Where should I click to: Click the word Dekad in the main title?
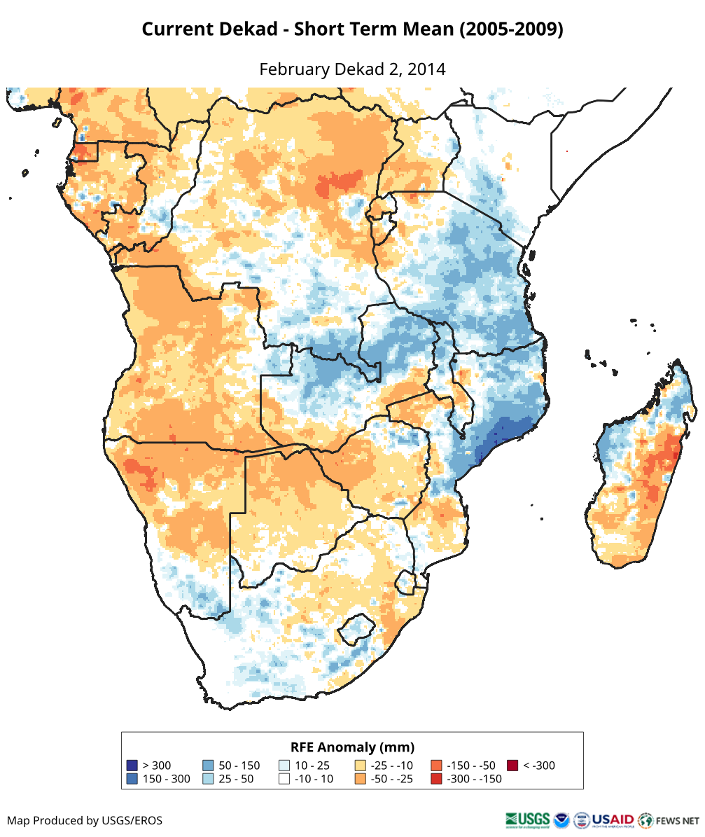tap(257, 29)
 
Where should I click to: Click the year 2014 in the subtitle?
tap(426, 69)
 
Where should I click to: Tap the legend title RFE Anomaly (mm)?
tap(352, 747)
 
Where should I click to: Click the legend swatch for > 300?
tap(132, 766)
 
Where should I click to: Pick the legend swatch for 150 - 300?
tap(132, 779)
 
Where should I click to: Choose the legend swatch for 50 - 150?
tap(208, 766)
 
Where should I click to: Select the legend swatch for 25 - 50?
tap(208, 779)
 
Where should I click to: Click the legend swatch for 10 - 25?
tap(284, 766)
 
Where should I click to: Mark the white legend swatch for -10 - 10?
tap(284, 779)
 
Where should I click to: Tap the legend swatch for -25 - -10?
tap(361, 766)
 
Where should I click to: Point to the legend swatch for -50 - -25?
tap(361, 779)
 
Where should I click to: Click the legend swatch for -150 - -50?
tap(436, 766)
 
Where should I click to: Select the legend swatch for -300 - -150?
tap(436, 779)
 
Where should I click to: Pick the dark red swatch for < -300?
tap(512, 766)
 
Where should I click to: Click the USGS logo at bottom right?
tap(527, 819)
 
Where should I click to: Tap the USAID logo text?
tap(613, 819)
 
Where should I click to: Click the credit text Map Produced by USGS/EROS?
tap(85, 820)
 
